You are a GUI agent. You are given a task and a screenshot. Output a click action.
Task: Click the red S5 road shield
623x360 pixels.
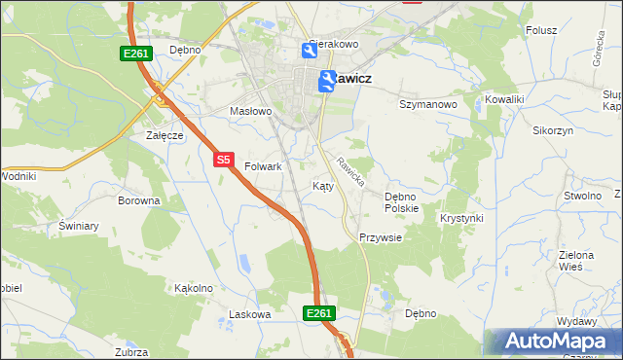click(224, 159)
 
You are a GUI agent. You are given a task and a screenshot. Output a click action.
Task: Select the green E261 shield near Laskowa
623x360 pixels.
click(319, 313)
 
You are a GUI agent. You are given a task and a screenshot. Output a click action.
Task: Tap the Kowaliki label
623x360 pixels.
click(505, 99)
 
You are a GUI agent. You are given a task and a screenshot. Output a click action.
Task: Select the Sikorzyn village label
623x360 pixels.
click(553, 129)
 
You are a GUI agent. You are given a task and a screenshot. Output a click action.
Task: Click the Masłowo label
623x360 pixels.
click(250, 111)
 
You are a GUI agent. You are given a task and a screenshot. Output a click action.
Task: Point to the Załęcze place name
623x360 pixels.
click(165, 135)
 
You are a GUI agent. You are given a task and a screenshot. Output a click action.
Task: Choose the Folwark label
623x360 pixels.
click(263, 166)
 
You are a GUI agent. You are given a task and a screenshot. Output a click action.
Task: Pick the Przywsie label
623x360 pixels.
click(380, 237)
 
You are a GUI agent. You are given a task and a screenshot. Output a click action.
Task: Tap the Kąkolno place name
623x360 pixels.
click(193, 288)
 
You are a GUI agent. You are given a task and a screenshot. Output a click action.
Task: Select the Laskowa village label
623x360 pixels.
click(248, 314)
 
